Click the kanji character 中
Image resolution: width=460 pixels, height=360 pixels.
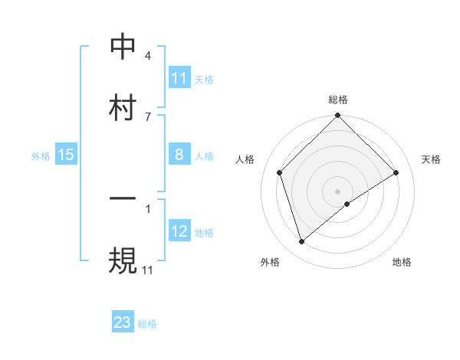(123, 47)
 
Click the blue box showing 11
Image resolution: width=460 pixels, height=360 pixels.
(179, 78)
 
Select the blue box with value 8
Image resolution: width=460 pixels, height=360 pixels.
(179, 155)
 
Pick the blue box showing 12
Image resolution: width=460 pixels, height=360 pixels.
(179, 231)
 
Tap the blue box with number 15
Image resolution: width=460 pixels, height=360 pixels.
(66, 155)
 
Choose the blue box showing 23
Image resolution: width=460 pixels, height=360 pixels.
(123, 322)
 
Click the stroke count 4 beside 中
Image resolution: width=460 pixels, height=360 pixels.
(147, 56)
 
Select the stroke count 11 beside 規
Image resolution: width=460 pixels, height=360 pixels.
(147, 269)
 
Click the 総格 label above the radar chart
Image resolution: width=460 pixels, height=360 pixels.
(338, 100)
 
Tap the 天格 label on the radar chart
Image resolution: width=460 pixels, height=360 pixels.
(432, 159)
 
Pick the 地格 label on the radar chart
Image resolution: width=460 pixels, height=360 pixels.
(402, 262)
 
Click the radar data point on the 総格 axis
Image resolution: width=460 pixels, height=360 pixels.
(338, 116)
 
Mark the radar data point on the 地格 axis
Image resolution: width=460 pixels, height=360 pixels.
(347, 204)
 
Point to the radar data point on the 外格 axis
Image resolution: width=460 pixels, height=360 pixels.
(301, 242)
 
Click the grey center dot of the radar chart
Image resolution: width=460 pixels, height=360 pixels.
(338, 191)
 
